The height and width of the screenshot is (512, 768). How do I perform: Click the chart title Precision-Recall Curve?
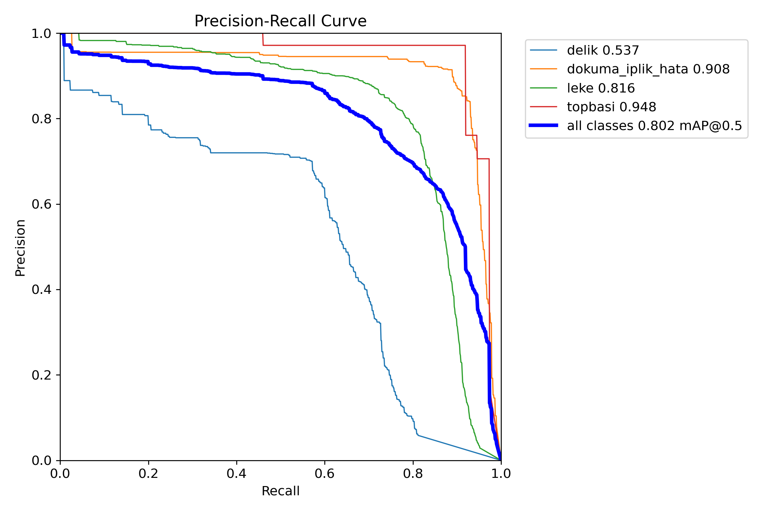[x=280, y=21]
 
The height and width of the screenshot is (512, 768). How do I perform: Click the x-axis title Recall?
[x=280, y=491]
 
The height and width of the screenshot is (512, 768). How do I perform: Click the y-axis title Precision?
[x=20, y=248]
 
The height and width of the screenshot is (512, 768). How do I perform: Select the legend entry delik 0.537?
[x=603, y=51]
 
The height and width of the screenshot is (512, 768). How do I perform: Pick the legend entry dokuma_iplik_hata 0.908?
[x=648, y=69]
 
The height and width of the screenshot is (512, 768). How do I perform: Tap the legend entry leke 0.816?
[x=601, y=88]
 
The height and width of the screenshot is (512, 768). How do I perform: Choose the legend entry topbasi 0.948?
[x=611, y=107]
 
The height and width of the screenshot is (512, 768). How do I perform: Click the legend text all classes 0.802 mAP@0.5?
[x=654, y=126]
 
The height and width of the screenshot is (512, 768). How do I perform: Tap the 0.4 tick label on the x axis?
[x=237, y=474]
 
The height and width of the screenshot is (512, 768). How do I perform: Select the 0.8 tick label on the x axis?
[x=413, y=474]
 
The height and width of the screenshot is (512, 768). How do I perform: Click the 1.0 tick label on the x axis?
[x=501, y=474]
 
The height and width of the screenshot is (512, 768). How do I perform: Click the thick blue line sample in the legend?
[x=543, y=126]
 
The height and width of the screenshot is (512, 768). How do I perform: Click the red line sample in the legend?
[x=543, y=107]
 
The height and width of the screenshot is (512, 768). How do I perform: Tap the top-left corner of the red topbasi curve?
[x=263, y=45]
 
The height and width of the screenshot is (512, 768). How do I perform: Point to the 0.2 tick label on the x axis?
[x=148, y=474]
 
